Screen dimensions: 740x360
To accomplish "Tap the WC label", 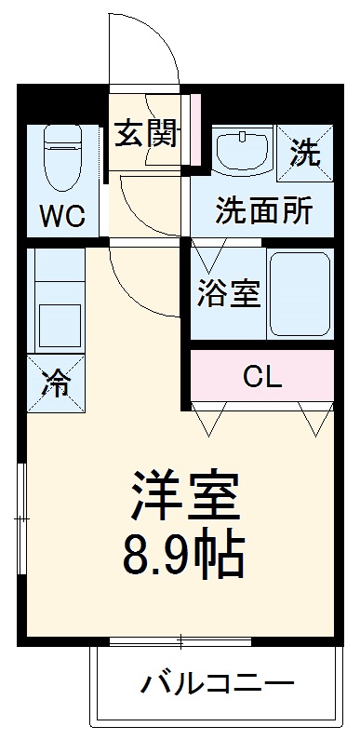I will (62, 216).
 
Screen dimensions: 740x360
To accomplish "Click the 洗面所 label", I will (263, 210).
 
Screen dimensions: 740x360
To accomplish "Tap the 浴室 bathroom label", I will (228, 295).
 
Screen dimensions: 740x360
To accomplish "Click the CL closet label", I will (262, 376).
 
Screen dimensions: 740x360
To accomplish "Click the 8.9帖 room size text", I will (184, 557).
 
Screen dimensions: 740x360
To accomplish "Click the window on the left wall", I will (22, 512).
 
